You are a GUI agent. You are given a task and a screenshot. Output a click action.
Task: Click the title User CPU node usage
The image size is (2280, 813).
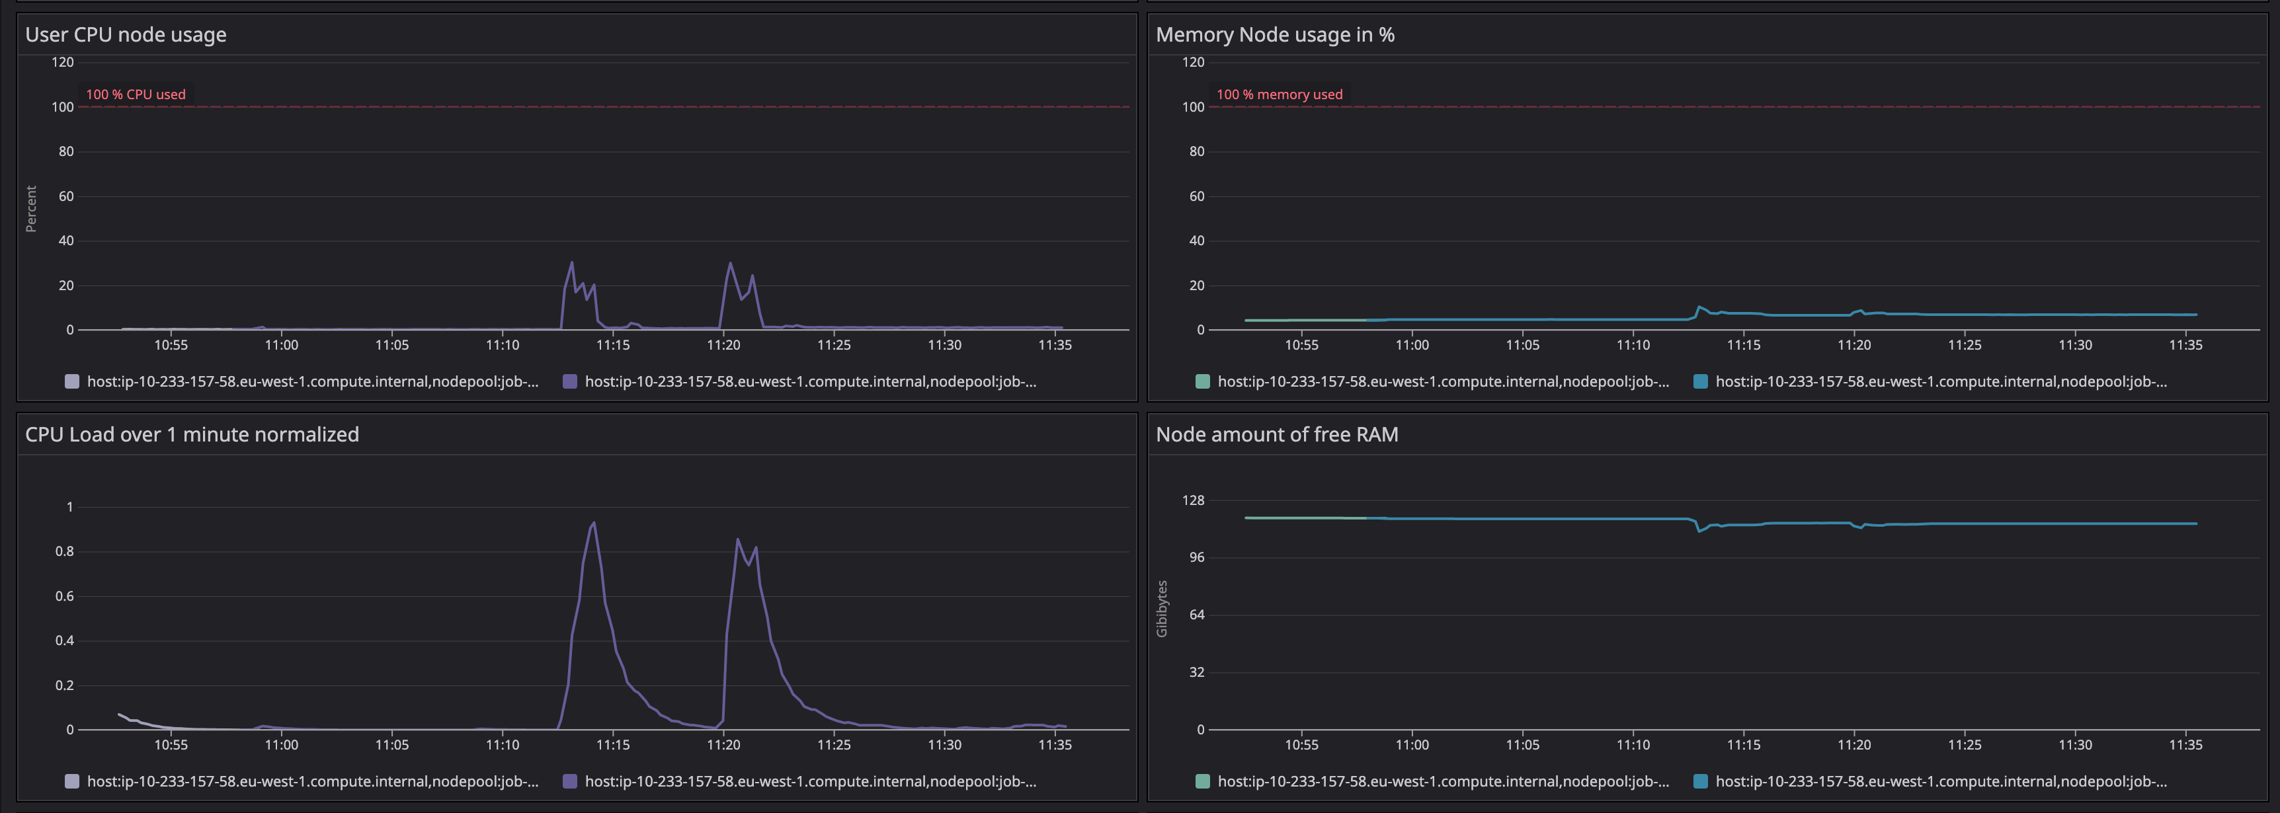tap(126, 34)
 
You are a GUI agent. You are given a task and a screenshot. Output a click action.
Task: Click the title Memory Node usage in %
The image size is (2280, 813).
tap(1274, 34)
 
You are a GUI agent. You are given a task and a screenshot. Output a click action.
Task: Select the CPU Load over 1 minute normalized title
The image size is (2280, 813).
tap(192, 434)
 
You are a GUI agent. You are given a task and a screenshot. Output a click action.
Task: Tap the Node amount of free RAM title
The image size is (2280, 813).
tap(1276, 434)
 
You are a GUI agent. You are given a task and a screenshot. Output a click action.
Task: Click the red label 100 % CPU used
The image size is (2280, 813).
tap(136, 95)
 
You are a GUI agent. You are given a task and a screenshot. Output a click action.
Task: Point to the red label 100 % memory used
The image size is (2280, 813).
tap(1279, 95)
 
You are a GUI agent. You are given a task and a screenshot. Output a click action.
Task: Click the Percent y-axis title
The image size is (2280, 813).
tap(31, 209)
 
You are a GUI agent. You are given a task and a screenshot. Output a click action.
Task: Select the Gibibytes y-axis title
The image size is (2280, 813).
tap(1161, 609)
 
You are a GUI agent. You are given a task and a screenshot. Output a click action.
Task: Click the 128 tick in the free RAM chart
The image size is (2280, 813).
tap(1192, 501)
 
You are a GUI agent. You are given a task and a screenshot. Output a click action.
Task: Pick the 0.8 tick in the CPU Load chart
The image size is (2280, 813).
tap(65, 551)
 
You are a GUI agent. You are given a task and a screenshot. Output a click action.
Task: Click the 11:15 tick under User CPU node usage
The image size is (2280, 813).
tap(612, 345)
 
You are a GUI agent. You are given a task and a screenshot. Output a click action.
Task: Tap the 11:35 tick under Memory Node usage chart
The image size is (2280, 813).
tap(2185, 345)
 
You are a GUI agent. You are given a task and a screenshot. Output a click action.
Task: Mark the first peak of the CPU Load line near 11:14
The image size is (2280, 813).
tap(593, 523)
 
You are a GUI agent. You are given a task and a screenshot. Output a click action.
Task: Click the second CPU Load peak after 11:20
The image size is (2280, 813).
tap(737, 539)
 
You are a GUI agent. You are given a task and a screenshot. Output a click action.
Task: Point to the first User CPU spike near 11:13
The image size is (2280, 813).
tap(571, 263)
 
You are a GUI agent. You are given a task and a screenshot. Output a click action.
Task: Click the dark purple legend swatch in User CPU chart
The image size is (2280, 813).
tap(570, 381)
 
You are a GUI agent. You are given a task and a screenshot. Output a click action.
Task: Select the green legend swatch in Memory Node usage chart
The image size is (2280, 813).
tap(1202, 381)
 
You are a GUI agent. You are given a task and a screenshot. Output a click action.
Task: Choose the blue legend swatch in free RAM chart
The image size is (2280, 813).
tap(1700, 781)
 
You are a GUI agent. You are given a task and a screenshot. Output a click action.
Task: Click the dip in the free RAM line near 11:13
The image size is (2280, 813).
tap(1699, 531)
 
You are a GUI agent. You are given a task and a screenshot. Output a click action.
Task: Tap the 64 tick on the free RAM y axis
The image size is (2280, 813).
tap(1196, 615)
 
